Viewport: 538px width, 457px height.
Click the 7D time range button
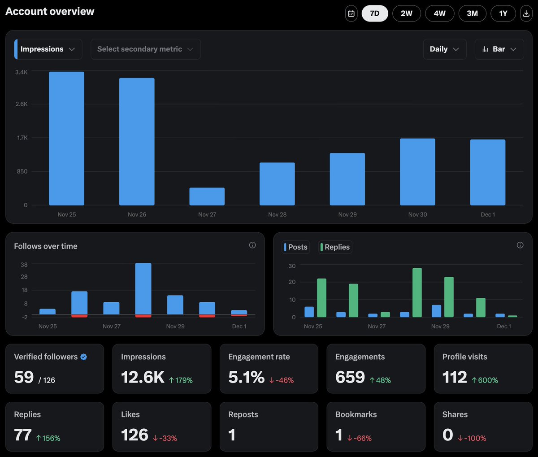click(375, 13)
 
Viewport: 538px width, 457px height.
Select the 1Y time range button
click(503, 13)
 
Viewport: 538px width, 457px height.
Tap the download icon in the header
click(526, 13)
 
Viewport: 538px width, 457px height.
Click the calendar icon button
click(351, 13)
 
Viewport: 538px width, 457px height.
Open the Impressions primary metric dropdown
click(48, 49)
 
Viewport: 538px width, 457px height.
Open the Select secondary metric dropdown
click(145, 49)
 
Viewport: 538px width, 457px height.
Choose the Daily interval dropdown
click(444, 49)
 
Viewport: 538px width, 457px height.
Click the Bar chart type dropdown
click(499, 49)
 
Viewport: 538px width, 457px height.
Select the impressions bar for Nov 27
click(207, 196)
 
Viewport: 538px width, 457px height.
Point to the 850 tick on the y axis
click(22, 171)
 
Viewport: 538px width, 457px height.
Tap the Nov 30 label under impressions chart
click(417, 214)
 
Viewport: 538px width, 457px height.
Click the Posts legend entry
click(296, 247)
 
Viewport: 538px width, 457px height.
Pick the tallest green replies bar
click(417, 292)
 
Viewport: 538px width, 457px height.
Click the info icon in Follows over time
click(252, 245)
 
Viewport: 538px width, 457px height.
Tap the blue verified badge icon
click(84, 357)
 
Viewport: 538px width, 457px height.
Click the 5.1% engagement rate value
click(246, 377)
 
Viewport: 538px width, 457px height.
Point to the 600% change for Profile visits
click(485, 380)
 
